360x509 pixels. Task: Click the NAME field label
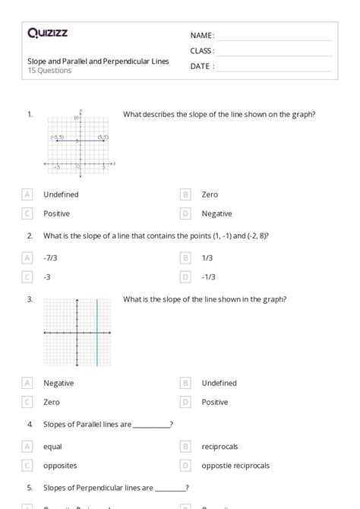click(202, 36)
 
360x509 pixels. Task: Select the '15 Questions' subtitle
click(49, 71)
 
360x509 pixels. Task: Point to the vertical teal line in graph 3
click(97, 333)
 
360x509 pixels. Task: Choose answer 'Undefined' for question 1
click(61, 194)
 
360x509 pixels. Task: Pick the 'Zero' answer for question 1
click(210, 194)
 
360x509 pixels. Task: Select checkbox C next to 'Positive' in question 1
click(28, 213)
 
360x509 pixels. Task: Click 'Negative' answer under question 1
click(216, 213)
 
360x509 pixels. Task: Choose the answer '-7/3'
click(50, 258)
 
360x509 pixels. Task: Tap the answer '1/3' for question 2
click(207, 258)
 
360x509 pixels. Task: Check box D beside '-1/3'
click(186, 277)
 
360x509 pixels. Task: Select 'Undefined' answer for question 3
click(219, 383)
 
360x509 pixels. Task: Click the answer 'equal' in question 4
click(52, 447)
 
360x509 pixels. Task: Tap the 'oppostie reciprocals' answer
click(235, 466)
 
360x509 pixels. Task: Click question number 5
click(30, 488)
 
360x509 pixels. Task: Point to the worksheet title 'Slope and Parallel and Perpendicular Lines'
click(98, 61)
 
